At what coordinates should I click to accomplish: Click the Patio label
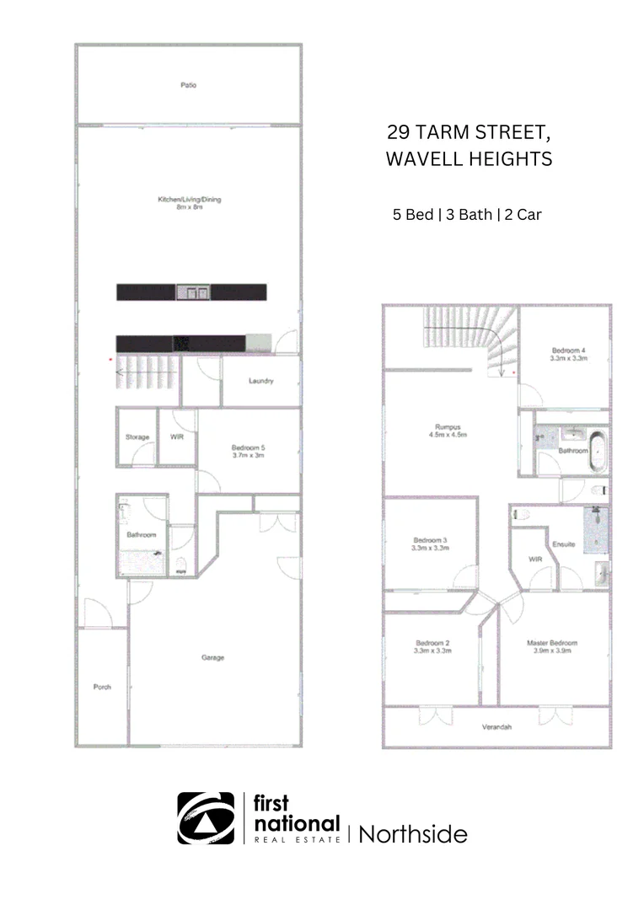click(x=188, y=85)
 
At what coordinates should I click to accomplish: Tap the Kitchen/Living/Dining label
click(x=189, y=200)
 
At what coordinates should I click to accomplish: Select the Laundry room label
click(x=260, y=381)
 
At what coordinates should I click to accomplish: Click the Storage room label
click(x=137, y=436)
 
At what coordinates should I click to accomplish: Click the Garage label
click(x=212, y=657)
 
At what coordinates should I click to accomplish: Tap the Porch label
click(x=102, y=687)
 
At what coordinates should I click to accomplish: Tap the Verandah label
click(x=497, y=726)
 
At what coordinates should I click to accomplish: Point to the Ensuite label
click(x=563, y=544)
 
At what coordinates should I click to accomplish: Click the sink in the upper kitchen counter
click(x=197, y=292)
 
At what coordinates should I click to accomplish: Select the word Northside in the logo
click(x=413, y=834)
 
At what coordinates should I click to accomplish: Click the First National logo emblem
click(x=206, y=818)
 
